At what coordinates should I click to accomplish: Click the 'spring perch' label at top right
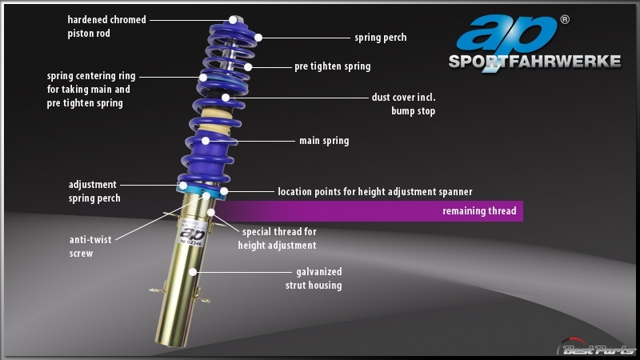click(381, 38)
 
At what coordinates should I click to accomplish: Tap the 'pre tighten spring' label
click(333, 66)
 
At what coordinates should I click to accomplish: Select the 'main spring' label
click(324, 141)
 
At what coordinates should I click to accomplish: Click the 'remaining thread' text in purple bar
click(479, 211)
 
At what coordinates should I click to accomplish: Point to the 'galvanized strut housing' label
click(314, 278)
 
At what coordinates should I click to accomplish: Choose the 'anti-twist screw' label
click(90, 246)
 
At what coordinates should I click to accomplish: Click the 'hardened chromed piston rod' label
click(106, 26)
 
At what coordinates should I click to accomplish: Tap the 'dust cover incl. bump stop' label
click(403, 104)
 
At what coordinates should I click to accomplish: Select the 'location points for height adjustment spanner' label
click(375, 192)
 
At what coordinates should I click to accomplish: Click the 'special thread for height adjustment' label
click(277, 238)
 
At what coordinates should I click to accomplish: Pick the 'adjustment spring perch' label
click(94, 191)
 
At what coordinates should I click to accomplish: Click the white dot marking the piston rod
click(233, 19)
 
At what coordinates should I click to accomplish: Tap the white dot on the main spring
click(206, 141)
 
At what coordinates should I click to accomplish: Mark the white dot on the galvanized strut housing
click(193, 272)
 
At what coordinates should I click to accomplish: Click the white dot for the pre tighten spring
click(248, 67)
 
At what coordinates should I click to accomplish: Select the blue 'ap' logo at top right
click(506, 34)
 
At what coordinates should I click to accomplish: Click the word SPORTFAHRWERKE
click(534, 62)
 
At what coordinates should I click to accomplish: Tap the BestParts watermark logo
click(597, 348)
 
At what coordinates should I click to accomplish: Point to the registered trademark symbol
click(565, 19)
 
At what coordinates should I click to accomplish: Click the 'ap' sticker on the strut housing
click(192, 235)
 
